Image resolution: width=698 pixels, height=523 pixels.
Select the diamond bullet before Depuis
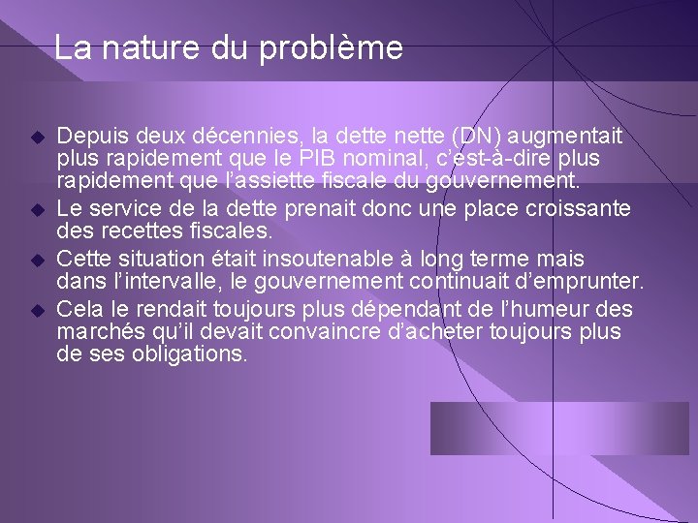point(38,137)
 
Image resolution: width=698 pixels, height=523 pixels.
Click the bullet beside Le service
point(38,210)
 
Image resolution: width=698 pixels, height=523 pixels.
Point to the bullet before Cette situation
point(38,261)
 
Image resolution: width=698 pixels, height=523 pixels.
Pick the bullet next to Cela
point(38,311)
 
